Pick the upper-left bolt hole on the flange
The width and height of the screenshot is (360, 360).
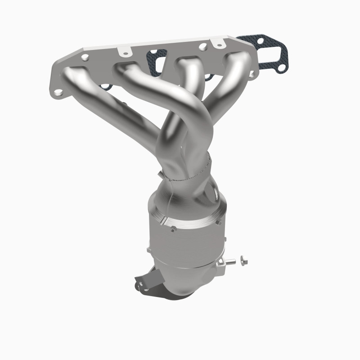click(85, 57)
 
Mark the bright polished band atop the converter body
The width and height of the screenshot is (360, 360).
click(189, 219)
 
